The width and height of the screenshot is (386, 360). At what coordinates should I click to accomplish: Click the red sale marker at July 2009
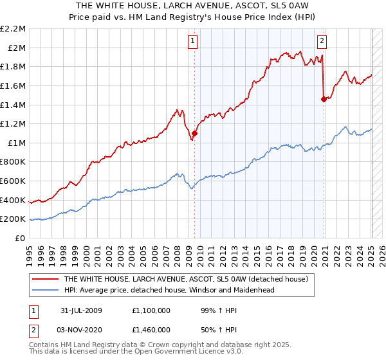[x=194, y=133]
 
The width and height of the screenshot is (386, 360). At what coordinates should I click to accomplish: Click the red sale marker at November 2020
[x=324, y=98]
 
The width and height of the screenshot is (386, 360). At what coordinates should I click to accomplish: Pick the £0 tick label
[x=21, y=238]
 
